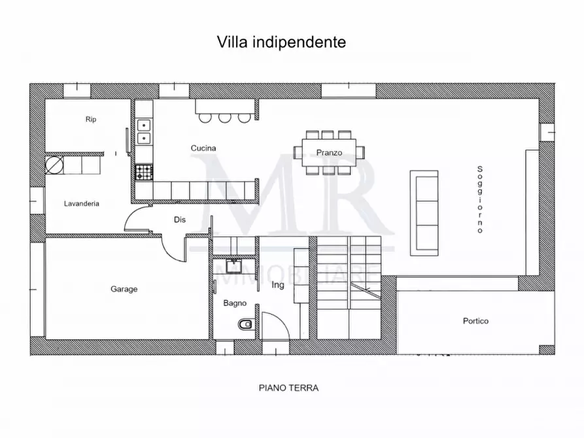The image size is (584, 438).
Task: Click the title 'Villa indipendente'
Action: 281,42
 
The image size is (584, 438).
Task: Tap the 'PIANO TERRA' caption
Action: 288,388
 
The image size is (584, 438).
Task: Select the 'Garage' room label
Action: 124,289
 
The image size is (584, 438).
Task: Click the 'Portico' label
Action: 475,321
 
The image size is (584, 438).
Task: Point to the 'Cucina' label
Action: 203,148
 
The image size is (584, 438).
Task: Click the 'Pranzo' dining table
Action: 330,152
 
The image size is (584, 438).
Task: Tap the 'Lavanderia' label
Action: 82,203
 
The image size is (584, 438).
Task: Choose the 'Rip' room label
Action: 91,120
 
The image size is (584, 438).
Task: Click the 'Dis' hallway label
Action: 180,220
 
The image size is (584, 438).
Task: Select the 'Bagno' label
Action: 234,303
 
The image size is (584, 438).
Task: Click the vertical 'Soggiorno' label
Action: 480,199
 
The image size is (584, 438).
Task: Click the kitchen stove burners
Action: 143,173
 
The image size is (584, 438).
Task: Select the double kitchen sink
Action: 143,131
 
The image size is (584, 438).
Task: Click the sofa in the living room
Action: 424,213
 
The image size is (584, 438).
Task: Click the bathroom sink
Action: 234,265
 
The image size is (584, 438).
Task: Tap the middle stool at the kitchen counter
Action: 225,118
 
